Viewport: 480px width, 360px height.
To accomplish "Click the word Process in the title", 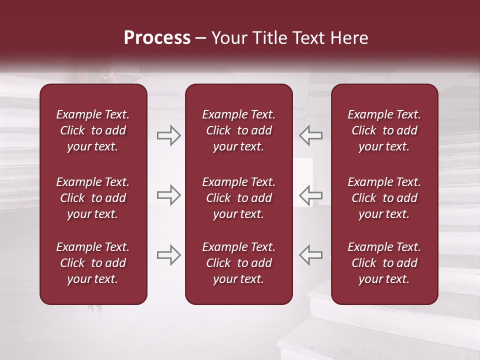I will click(x=157, y=38).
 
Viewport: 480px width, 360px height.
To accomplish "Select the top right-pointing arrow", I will click(x=168, y=135).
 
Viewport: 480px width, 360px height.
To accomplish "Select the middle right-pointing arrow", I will click(x=168, y=195).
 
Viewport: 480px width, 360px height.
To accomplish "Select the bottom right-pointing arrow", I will click(x=168, y=255).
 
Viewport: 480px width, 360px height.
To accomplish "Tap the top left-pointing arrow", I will click(x=311, y=135).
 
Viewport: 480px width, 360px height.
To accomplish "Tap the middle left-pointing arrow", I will click(x=311, y=195).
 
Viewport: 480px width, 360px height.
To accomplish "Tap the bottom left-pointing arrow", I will click(x=311, y=255).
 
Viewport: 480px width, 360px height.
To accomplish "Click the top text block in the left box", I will click(x=93, y=130).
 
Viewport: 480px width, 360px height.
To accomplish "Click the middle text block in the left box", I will click(x=93, y=198).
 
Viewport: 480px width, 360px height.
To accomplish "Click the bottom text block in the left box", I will click(x=93, y=263).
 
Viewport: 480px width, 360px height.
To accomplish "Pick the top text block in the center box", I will click(x=238, y=130).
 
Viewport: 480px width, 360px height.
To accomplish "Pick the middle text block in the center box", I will click(x=238, y=198).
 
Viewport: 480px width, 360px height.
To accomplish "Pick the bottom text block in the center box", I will click(x=238, y=263).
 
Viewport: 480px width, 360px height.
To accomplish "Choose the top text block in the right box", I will click(x=384, y=130).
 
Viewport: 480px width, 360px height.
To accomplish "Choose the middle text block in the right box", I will click(x=384, y=198).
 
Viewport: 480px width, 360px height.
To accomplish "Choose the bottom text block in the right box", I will click(x=384, y=263).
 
